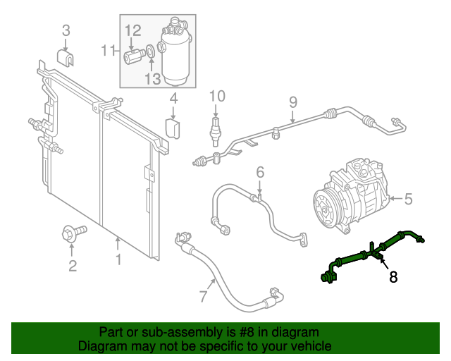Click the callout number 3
pos(66,30)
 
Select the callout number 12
pos(133,30)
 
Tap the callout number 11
pos(108,50)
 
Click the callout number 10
pos(216,96)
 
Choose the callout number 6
pos(259,172)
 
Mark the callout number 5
pos(408,200)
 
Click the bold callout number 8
pos(393,277)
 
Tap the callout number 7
pos(204,296)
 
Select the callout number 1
pos(118,260)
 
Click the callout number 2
pos(72,265)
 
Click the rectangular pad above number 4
pos(173,128)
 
